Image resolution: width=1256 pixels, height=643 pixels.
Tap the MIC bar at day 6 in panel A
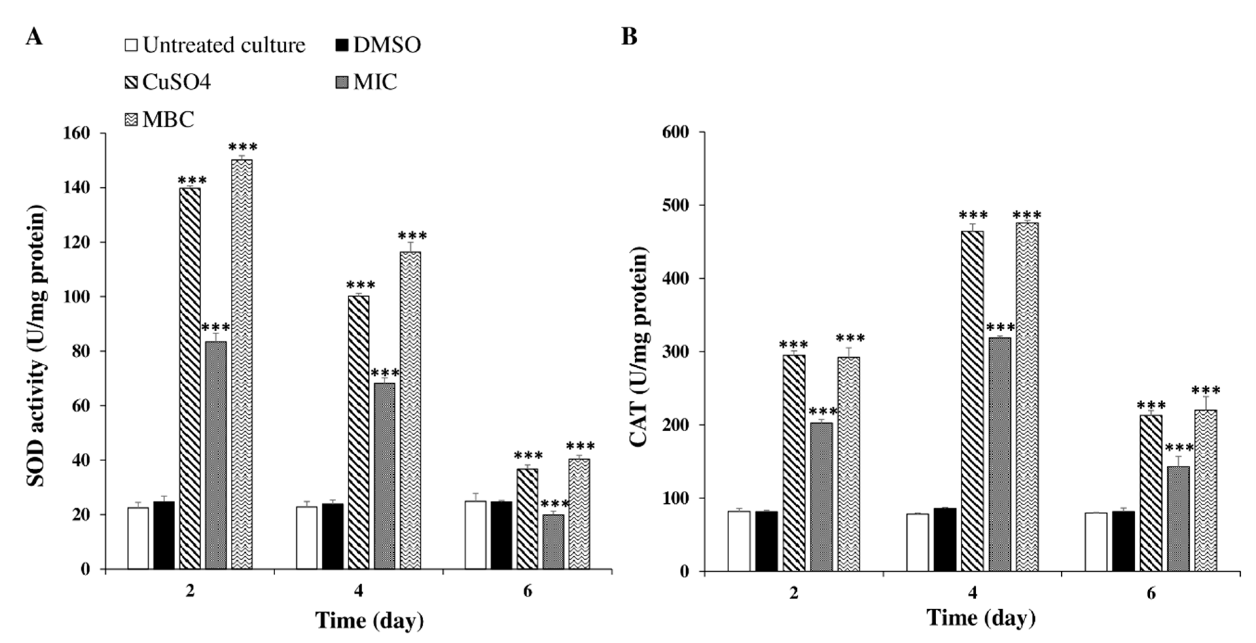[553, 541]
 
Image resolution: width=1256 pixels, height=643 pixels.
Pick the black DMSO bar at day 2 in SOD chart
[164, 535]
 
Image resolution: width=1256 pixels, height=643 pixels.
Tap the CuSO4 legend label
[176, 82]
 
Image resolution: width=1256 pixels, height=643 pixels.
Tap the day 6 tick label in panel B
[1151, 593]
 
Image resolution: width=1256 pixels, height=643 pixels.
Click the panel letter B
[629, 36]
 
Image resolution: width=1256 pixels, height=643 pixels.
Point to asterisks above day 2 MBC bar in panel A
[242, 147]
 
